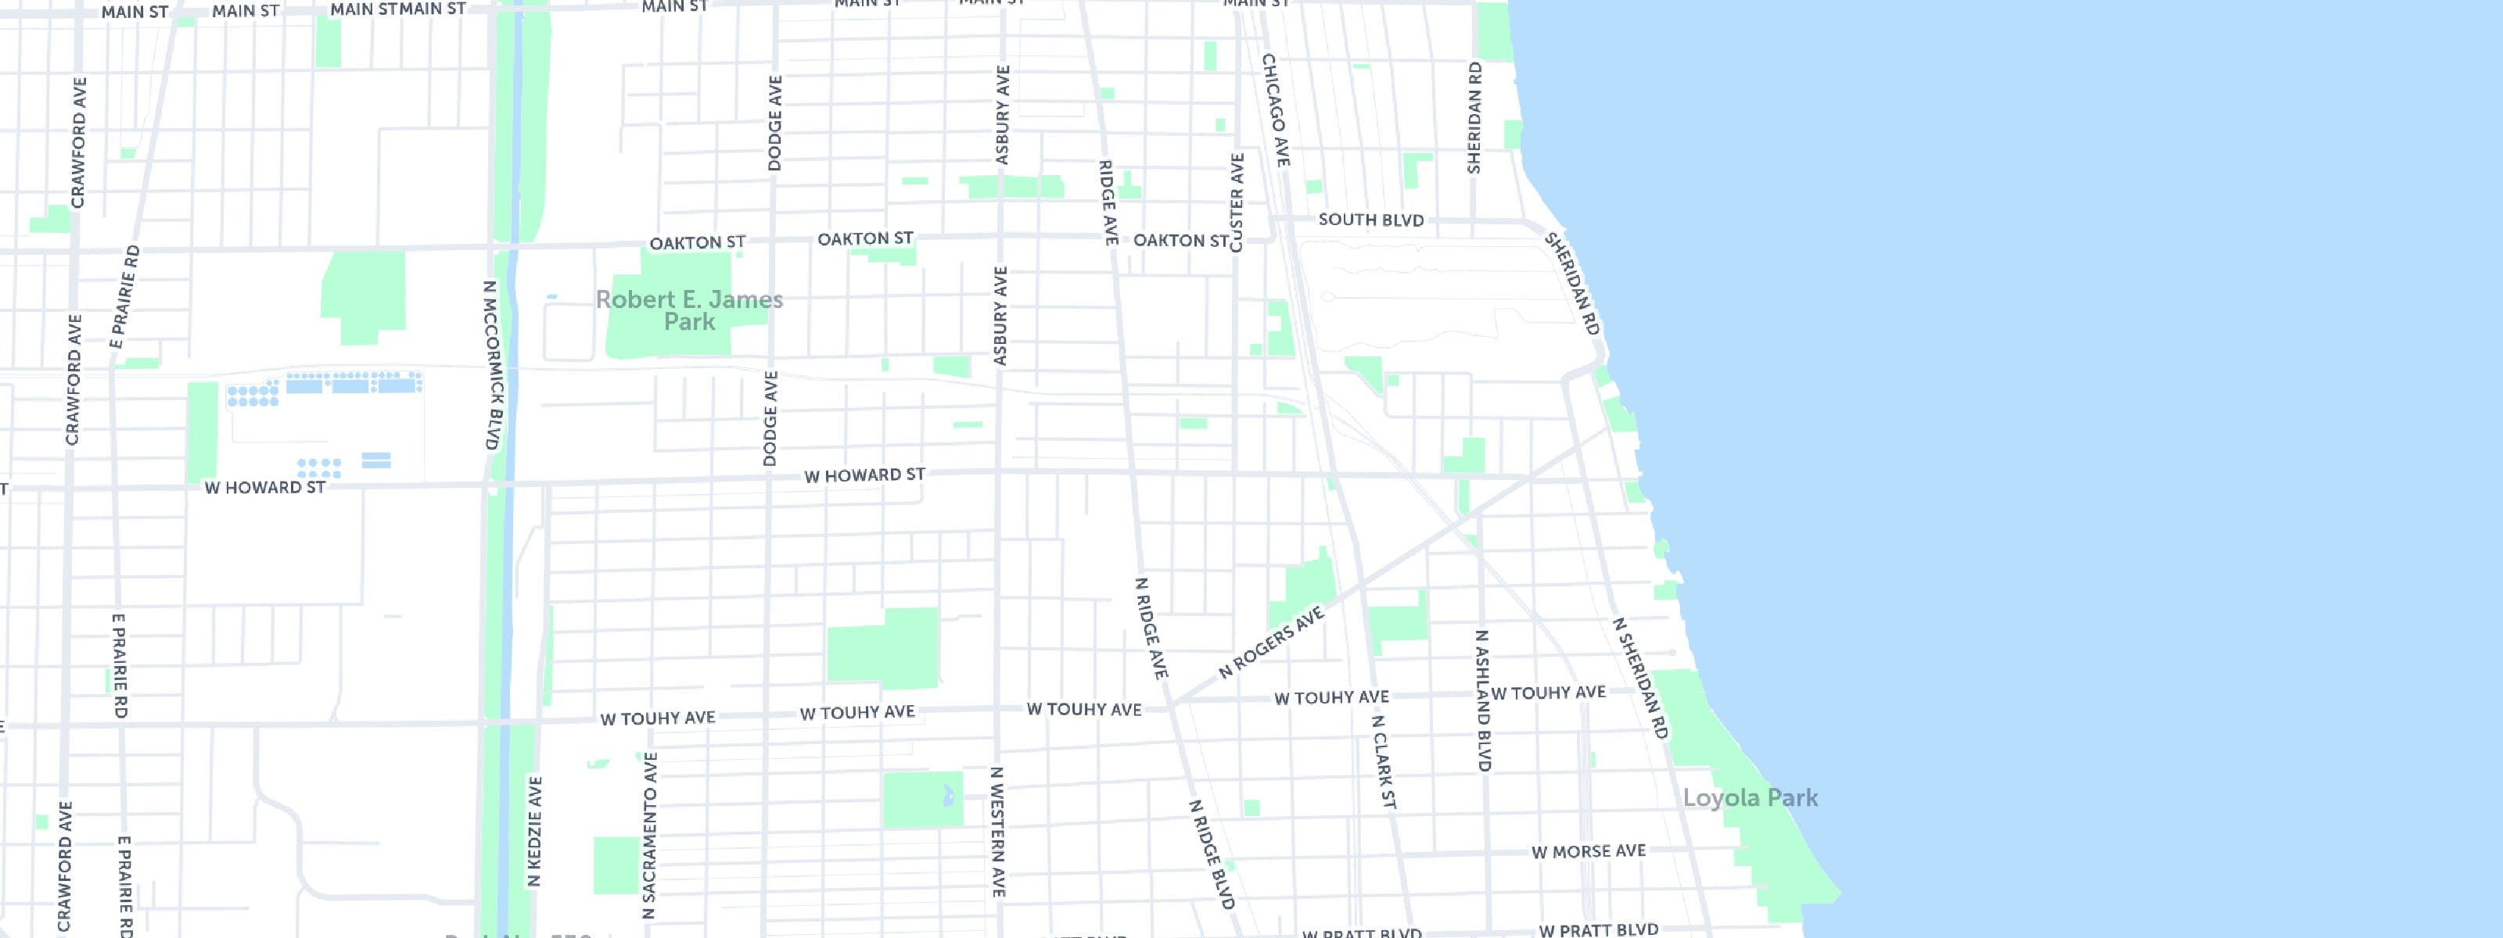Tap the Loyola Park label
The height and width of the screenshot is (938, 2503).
1750,798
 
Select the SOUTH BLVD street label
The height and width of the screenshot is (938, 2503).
1370,220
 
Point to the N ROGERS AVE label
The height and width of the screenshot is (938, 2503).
1271,643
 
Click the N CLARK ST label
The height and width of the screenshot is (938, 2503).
1383,763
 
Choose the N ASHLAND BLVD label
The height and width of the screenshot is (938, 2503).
1483,701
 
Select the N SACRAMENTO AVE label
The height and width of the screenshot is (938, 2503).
649,835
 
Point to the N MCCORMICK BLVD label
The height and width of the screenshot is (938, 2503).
492,365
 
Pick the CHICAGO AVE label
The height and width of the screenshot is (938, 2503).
1276,109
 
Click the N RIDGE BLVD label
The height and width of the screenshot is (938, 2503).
1212,854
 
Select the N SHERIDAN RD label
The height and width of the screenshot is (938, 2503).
1640,678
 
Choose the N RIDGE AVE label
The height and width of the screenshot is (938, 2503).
1151,628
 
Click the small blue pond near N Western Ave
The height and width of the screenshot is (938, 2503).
948,798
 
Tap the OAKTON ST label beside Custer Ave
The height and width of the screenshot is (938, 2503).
1180,240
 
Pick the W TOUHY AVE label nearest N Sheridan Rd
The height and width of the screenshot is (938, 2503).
1548,693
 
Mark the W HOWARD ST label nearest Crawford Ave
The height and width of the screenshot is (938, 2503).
264,488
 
